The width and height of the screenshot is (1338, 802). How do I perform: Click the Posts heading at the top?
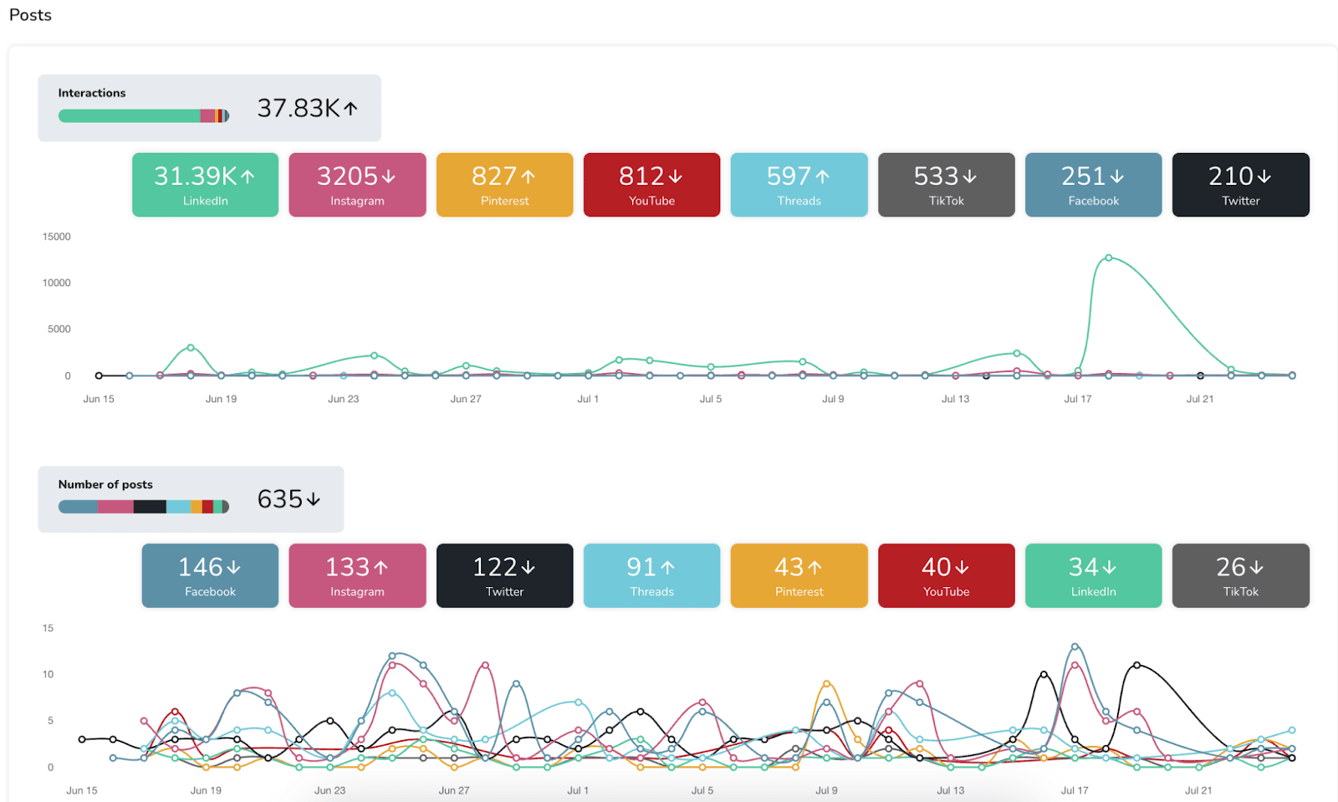point(30,15)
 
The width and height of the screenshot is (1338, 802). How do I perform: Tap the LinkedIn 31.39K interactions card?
point(205,185)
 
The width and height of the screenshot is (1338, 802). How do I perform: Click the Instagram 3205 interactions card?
point(357,185)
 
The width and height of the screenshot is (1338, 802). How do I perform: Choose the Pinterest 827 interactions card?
point(504,185)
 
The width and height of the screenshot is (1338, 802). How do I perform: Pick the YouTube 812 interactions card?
point(651,185)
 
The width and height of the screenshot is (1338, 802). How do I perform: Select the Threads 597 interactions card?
point(799,185)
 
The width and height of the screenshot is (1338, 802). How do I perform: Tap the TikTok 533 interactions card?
point(946,185)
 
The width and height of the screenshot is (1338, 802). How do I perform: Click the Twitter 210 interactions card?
point(1240,185)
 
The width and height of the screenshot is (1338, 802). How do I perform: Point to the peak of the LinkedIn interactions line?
point(1108,258)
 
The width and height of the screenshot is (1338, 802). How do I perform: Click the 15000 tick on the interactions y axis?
point(57,237)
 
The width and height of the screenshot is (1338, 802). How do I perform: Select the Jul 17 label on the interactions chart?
point(1077,399)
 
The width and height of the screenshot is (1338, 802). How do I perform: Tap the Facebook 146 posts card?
point(210,575)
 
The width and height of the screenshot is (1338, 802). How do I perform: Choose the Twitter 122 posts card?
point(504,575)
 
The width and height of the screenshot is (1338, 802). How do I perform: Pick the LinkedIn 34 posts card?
point(1093,575)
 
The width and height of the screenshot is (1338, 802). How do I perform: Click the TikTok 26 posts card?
point(1240,575)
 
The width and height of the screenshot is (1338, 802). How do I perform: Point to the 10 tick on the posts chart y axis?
point(48,674)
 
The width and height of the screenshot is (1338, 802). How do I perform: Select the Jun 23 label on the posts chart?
point(329,790)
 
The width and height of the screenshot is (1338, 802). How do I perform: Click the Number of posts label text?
point(105,484)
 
